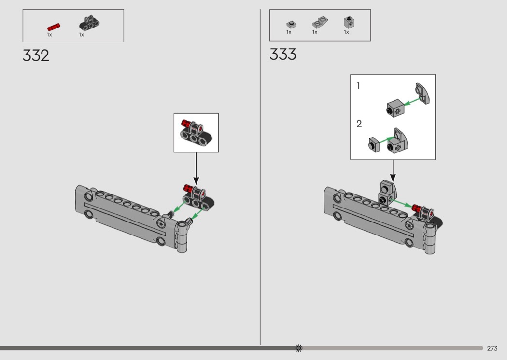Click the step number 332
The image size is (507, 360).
click(36, 55)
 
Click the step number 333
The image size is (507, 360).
click(283, 55)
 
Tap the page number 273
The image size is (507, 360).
click(492, 348)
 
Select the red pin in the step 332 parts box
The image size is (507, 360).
click(54, 27)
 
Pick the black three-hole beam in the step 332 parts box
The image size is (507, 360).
click(89, 23)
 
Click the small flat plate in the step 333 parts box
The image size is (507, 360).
click(292, 24)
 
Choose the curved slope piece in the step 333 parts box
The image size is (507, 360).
click(320, 22)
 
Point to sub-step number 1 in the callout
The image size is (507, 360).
click(358, 85)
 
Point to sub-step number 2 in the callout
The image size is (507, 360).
click(359, 124)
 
